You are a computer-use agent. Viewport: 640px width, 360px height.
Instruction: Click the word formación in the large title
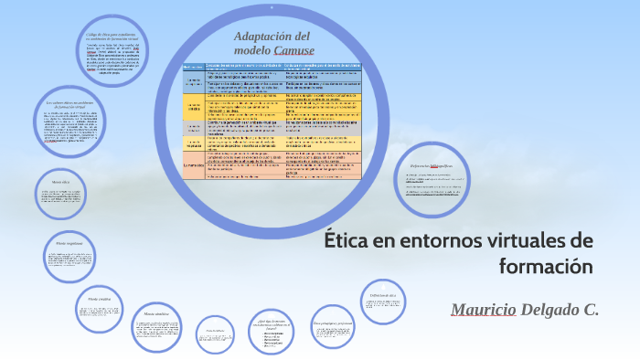546,267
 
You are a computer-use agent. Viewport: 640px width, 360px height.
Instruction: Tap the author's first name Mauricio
484,310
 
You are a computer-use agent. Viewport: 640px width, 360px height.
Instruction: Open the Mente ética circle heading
60,183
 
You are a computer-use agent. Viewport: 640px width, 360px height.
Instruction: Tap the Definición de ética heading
382,295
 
